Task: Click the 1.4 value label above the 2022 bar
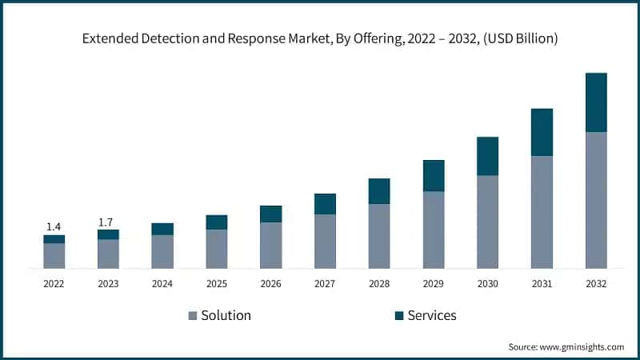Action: tap(54, 227)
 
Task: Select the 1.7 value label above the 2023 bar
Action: tap(108, 222)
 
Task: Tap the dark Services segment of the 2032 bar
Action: tap(596, 102)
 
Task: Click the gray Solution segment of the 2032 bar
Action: tap(596, 200)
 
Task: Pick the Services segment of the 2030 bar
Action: tap(487, 156)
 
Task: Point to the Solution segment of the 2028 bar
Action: tap(379, 236)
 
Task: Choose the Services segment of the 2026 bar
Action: tap(270, 214)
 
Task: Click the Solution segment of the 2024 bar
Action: tap(162, 251)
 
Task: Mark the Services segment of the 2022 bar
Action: tap(54, 239)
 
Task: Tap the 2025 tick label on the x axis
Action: tap(216, 283)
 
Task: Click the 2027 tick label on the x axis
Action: tap(325, 283)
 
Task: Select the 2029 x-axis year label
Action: tap(433, 283)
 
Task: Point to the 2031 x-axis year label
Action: tap(542, 283)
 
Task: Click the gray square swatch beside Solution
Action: tap(193, 316)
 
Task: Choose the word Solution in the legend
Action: tap(226, 315)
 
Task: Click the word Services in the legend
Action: tap(432, 315)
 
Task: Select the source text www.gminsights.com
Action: tap(582, 346)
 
